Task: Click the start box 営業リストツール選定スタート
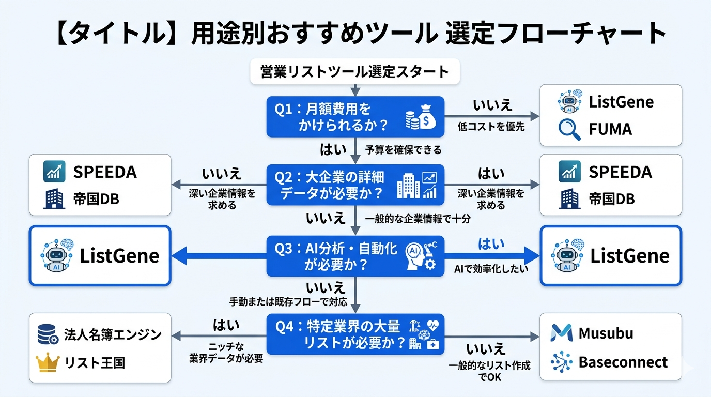pyautogui.click(x=354, y=72)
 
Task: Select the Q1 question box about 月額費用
pyautogui.click(x=355, y=117)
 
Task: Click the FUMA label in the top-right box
pyautogui.click(x=610, y=129)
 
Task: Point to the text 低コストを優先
pyautogui.click(x=491, y=127)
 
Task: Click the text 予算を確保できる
pyautogui.click(x=404, y=150)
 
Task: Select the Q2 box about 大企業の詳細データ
pyautogui.click(x=355, y=185)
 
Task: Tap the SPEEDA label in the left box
pyautogui.click(x=105, y=172)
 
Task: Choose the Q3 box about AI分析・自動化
pyautogui.click(x=355, y=256)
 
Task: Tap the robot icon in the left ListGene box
pyautogui.click(x=55, y=255)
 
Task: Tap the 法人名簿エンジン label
pyautogui.click(x=113, y=334)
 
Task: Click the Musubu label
pyautogui.click(x=606, y=333)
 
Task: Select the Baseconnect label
pyautogui.click(x=623, y=362)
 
